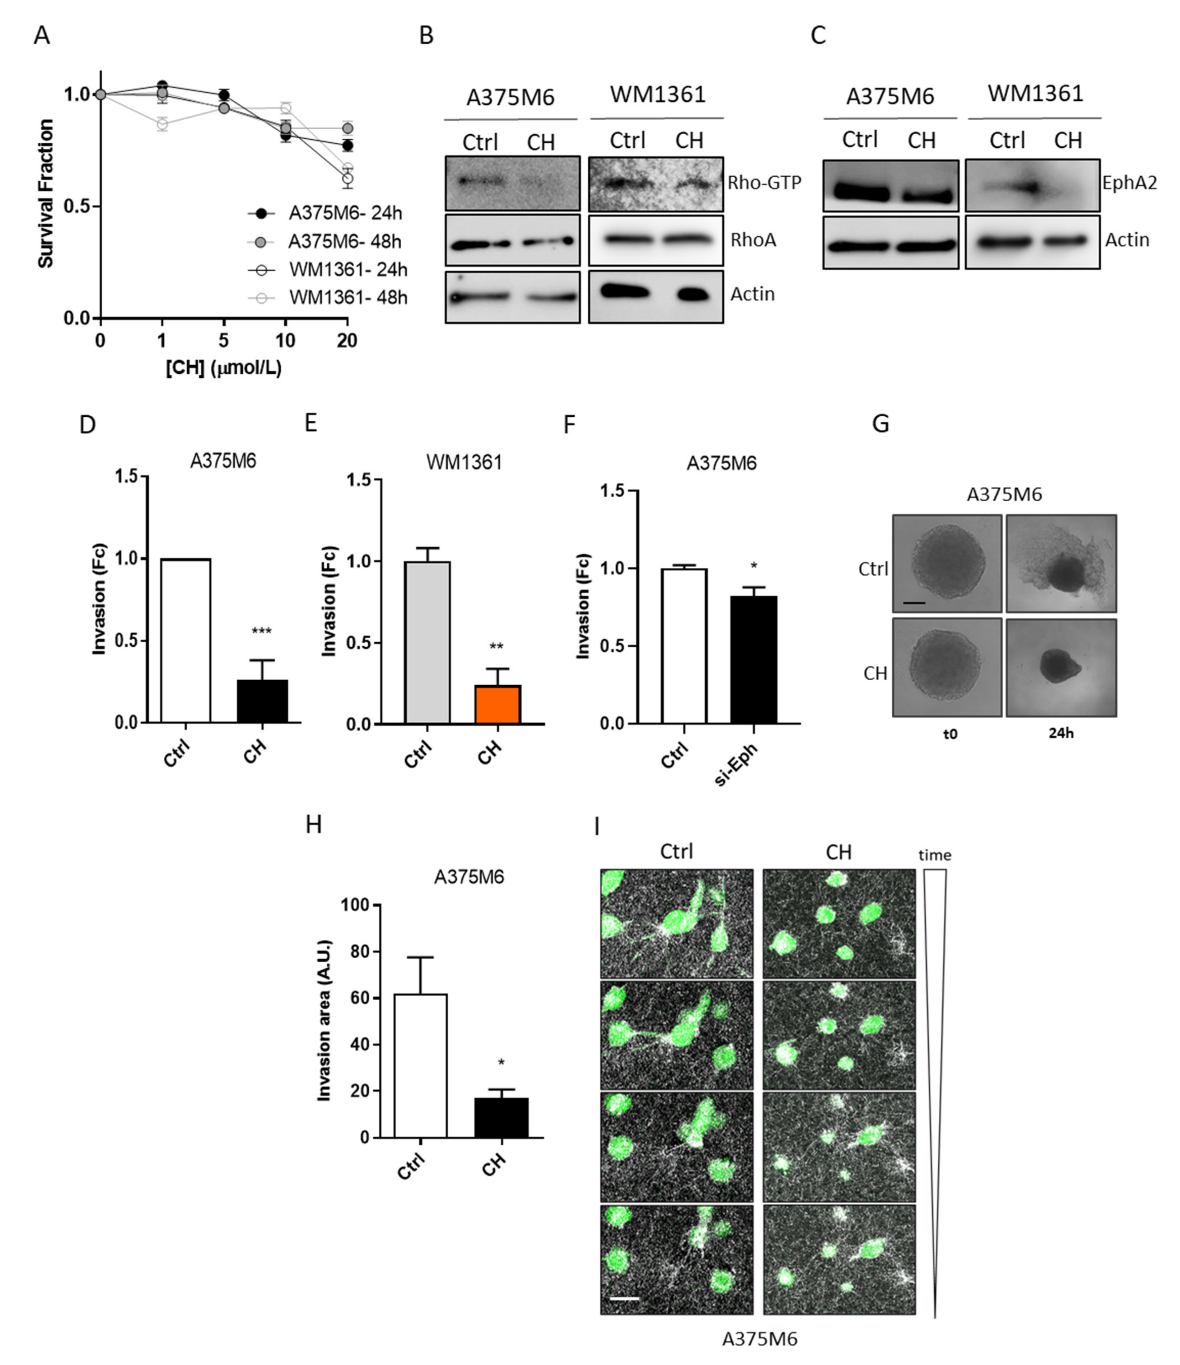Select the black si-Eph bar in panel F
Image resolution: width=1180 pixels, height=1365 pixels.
pos(753,659)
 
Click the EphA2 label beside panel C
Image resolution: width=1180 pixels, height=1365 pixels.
pos(1129,183)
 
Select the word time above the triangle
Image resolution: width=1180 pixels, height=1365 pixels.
pos(935,855)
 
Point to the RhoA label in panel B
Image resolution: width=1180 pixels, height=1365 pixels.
pos(753,240)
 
